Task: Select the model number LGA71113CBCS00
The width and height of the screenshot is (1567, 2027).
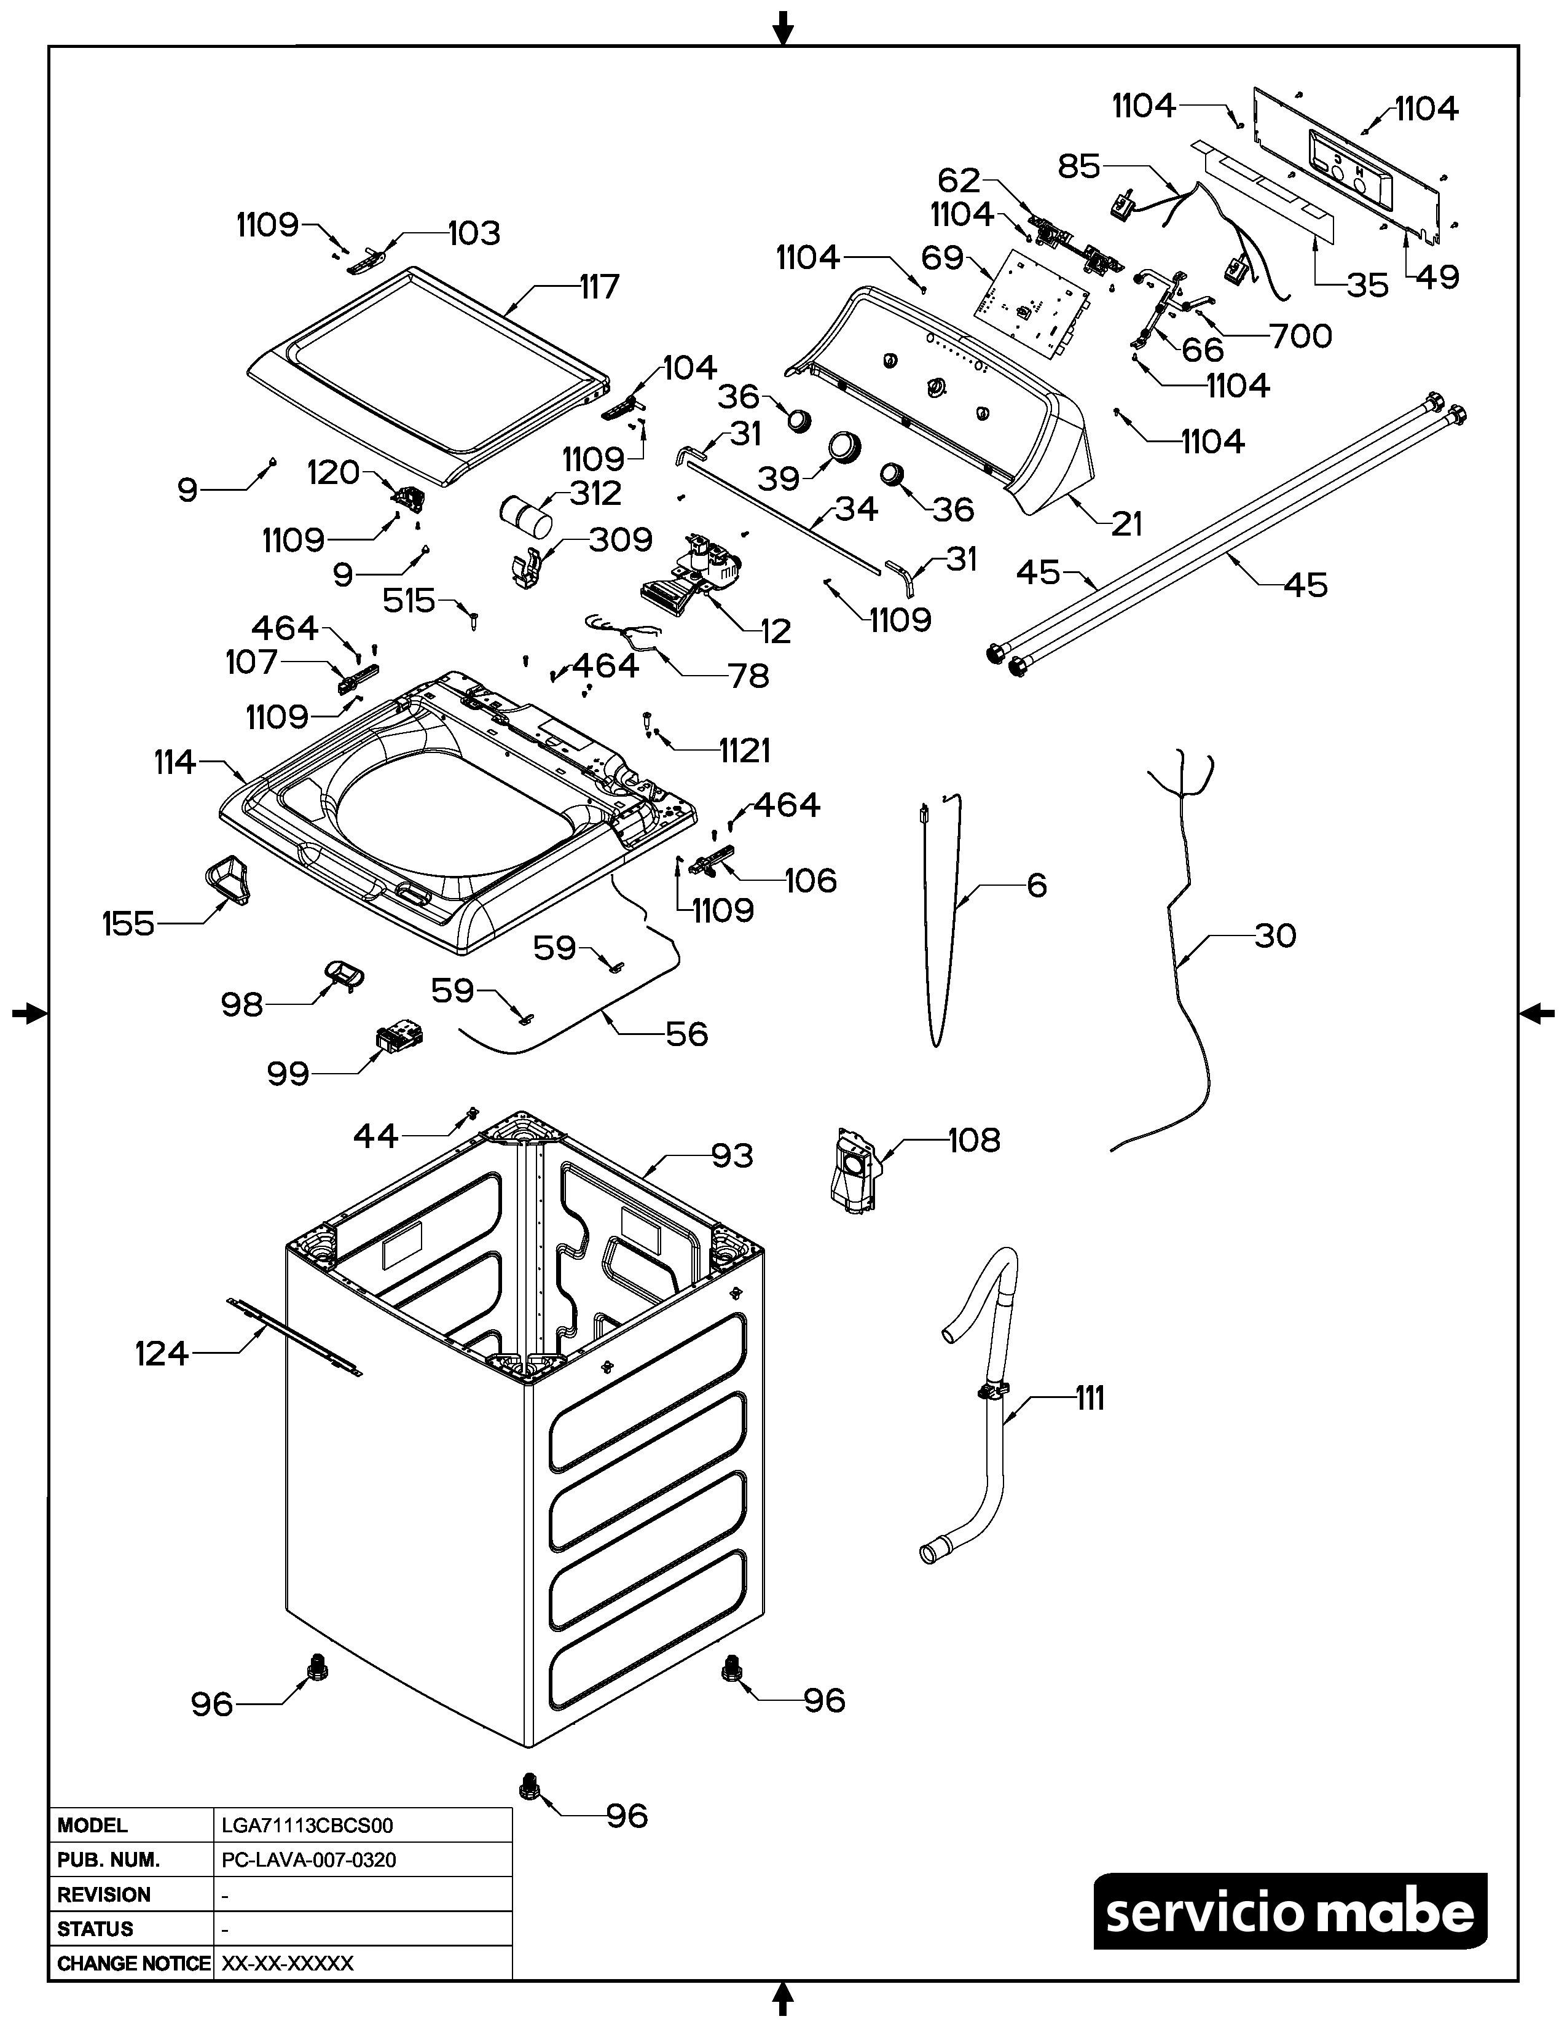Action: click(x=307, y=1826)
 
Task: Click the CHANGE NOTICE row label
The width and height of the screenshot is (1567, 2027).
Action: click(x=133, y=1963)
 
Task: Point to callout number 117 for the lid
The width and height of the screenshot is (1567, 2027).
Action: click(x=599, y=287)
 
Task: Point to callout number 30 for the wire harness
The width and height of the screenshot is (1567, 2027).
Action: click(x=1274, y=935)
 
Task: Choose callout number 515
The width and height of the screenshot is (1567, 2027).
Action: click(x=409, y=601)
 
